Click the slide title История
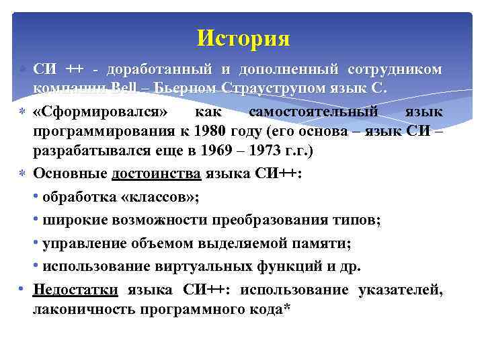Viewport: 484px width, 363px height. [243, 38]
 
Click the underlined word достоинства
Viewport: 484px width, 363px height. [156, 173]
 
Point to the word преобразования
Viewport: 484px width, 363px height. [261, 220]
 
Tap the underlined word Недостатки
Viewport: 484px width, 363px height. [75, 290]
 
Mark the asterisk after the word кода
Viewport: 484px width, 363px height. [286, 308]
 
